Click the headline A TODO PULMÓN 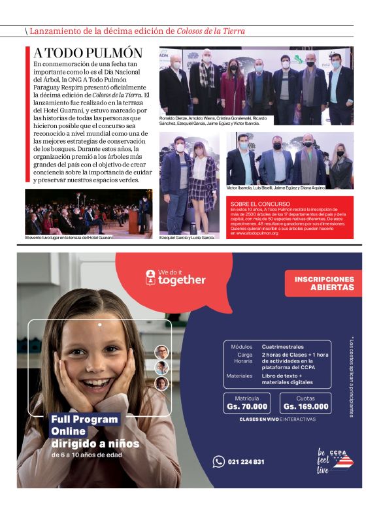coord(88,53)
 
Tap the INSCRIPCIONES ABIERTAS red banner coord(323,283)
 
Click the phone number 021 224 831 coord(246,462)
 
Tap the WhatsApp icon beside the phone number coord(218,462)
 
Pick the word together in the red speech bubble coord(182,280)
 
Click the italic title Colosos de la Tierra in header coord(211,31)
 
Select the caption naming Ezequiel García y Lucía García coord(187,237)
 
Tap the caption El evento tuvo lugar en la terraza coord(69,237)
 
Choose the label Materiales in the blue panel coord(239,376)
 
